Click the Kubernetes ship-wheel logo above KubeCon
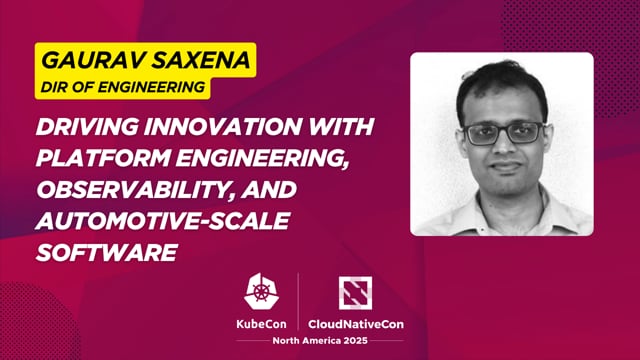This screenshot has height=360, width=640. pos(262,292)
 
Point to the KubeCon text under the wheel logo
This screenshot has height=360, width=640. pos(262,323)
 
